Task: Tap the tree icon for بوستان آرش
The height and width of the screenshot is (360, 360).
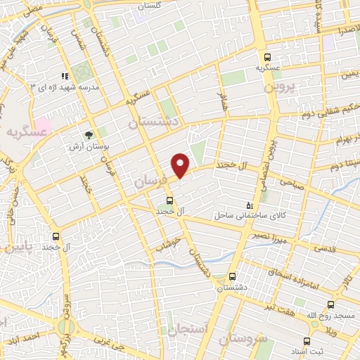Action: tap(89, 134)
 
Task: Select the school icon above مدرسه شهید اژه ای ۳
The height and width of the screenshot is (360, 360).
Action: tap(65, 76)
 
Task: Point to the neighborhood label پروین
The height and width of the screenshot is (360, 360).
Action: tap(281, 88)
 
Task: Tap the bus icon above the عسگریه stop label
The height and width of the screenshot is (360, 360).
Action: tap(266, 57)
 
